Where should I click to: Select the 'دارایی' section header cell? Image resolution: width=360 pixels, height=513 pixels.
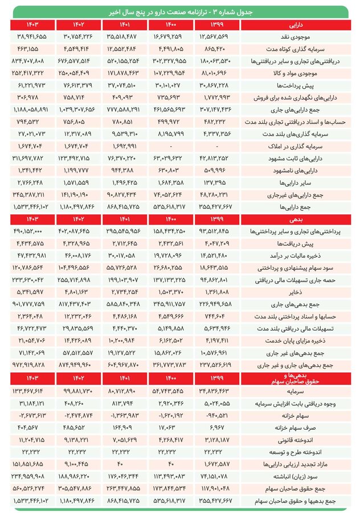click(x=296, y=25)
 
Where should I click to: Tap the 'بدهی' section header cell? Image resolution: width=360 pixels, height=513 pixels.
click(x=296, y=218)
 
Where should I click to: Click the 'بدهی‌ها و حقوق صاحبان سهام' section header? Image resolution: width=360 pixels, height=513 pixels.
click(x=296, y=378)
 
